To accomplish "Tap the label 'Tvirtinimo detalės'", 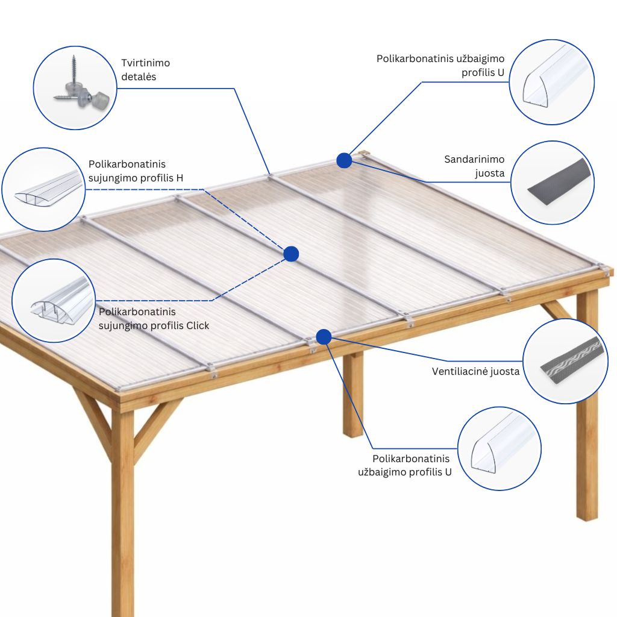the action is point(145,70).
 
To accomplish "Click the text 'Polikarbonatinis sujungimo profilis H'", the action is point(136,171).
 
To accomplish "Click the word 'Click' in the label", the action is point(198,325).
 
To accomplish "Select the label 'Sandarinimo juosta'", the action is point(474,166).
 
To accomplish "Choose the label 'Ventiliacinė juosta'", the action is point(475,371).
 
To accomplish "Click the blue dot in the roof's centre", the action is point(291,254).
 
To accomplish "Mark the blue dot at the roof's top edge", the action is point(344,160).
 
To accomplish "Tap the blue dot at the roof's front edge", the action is point(324,337).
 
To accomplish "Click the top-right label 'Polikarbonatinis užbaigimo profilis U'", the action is point(440,65).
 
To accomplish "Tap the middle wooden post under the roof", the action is point(352,393).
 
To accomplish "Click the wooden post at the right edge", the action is point(587,406).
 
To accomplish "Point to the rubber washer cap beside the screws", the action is point(101,99).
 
